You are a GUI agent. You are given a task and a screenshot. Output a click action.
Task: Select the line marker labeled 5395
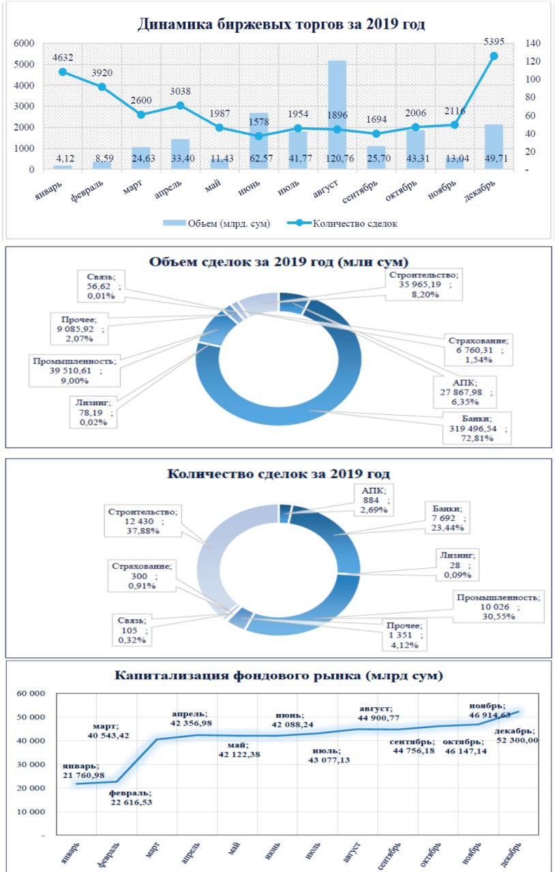pyautogui.click(x=494, y=56)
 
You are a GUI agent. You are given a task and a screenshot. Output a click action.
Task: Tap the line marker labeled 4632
pyautogui.click(x=62, y=72)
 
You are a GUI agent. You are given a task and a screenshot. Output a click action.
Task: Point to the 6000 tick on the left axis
pyautogui.click(x=23, y=43)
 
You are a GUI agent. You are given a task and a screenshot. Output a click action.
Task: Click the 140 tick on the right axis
pyautogui.click(x=533, y=43)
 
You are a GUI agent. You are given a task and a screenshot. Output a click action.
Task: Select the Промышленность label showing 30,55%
pyautogui.click(x=498, y=606)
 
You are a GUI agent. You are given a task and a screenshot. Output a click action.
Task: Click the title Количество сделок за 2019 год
pyautogui.click(x=278, y=474)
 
